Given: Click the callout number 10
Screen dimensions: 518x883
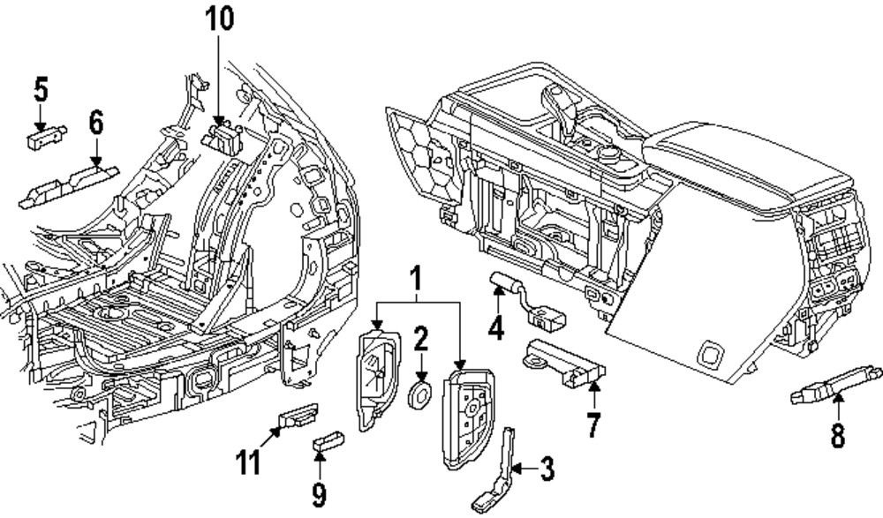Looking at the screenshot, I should pyautogui.click(x=220, y=19).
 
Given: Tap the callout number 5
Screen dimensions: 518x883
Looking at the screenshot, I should pyautogui.click(x=41, y=89).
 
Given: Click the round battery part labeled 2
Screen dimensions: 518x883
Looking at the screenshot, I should pyautogui.click(x=420, y=394).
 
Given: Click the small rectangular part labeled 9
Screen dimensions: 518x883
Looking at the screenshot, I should pyautogui.click(x=327, y=439).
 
